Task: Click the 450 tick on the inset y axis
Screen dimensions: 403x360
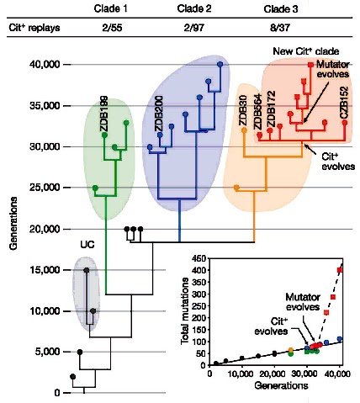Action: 199,257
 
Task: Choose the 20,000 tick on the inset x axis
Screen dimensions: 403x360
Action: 275,374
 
